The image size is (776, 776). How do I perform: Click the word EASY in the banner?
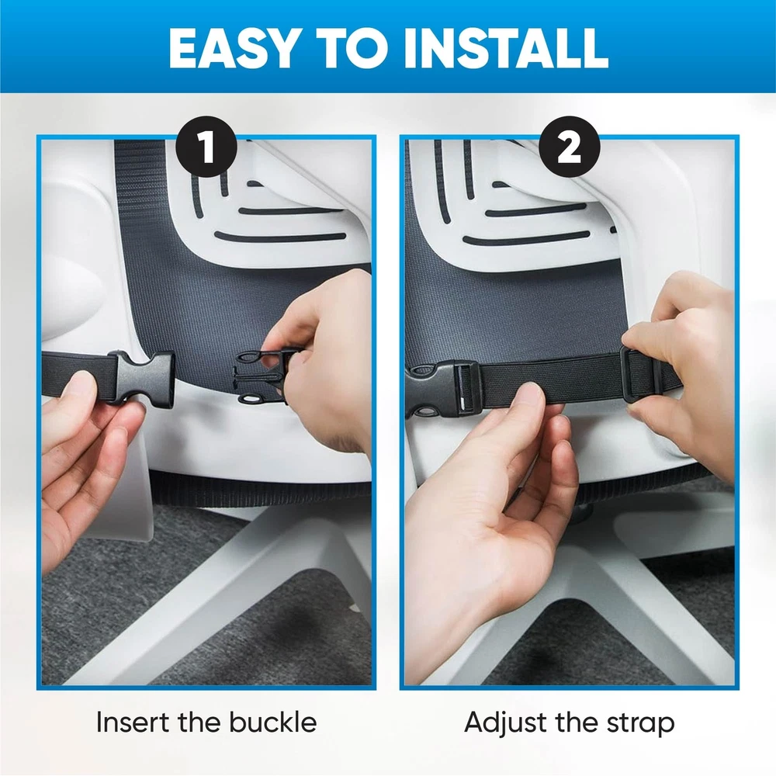point(233,47)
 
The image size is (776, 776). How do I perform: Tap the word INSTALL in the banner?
point(505,47)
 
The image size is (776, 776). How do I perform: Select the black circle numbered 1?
point(206,147)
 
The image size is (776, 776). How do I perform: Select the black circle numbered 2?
point(569,147)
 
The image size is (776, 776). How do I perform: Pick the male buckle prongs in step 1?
point(262,376)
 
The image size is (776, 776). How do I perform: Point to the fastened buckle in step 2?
point(442,390)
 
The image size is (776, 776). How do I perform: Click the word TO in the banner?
point(352,47)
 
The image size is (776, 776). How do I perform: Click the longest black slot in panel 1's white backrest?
point(280,237)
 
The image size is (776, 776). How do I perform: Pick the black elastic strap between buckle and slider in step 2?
point(549,379)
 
